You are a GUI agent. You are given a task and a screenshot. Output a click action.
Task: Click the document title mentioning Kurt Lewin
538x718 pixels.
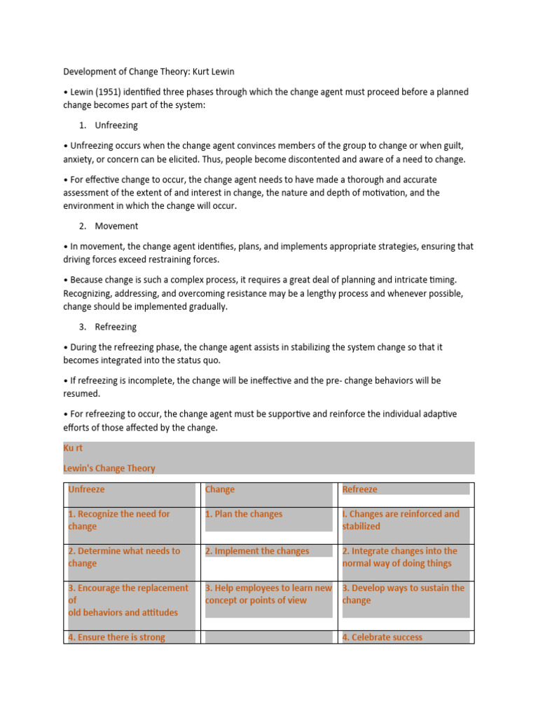pos(158,72)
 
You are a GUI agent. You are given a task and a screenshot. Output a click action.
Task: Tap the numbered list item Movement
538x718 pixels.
pos(116,226)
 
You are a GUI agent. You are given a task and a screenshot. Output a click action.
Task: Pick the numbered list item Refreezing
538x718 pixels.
pos(116,327)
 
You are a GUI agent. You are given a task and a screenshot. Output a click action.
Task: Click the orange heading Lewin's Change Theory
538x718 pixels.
pos(109,468)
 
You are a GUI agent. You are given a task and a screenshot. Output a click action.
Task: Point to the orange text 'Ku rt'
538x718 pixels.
pos(73,448)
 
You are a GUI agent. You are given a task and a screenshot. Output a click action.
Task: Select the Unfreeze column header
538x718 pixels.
pos(86,489)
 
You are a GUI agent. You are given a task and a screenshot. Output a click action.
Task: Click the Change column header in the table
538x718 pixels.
pos(220,489)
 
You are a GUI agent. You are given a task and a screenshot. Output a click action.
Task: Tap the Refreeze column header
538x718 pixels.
pos(359,489)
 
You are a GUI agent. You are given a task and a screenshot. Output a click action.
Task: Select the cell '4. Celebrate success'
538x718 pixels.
pos(382,637)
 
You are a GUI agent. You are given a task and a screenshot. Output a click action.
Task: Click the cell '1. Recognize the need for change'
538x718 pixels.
pos(119,520)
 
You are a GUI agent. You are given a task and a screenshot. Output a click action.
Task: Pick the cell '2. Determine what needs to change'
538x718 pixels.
pos(124,557)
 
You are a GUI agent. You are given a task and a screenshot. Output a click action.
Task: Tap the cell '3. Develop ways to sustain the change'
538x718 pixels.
pos(403,594)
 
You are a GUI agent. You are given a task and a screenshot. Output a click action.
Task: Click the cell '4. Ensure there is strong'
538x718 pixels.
pos(116,637)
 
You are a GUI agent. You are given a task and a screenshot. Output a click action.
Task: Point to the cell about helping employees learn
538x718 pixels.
pos(268,594)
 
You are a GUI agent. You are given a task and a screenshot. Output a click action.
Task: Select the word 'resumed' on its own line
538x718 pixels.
pos(81,394)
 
